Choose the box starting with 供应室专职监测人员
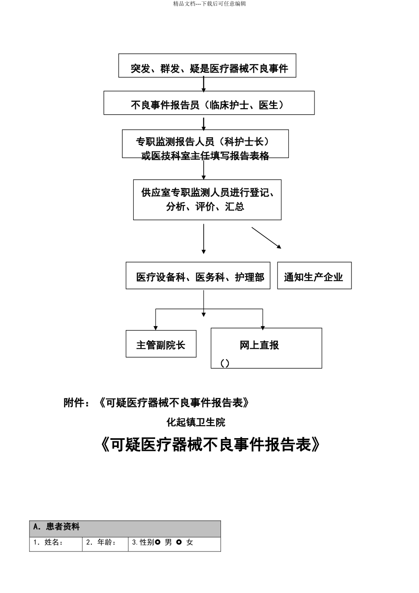(x=207, y=199)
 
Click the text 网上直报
(x=259, y=345)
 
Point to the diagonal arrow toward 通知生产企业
(x=266, y=238)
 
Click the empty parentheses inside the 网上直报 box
(x=225, y=363)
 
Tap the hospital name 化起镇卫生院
(x=196, y=422)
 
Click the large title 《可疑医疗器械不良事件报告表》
(x=209, y=445)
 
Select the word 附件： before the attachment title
(x=79, y=402)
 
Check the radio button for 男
(x=158, y=542)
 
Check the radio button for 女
(x=179, y=542)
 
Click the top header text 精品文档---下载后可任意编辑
(x=209, y=4)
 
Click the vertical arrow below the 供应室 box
(x=203, y=238)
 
